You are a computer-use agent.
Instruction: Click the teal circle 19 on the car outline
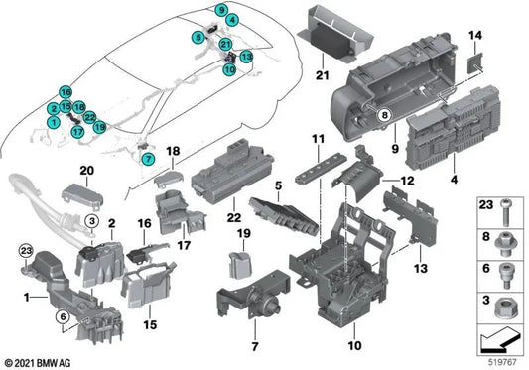tap(100, 127)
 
